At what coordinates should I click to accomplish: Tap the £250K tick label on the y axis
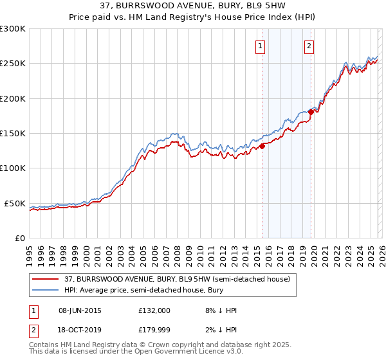pos(13,64)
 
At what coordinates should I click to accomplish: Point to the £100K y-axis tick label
pos(13,168)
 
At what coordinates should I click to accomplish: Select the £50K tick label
pos(15,203)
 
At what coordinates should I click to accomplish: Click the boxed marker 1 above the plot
pos(261,46)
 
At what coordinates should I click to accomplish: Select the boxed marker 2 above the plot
pos(309,46)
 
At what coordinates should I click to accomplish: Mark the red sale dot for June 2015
pos(262,146)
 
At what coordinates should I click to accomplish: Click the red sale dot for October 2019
pos(311,112)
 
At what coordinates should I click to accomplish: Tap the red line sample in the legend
pos(46,279)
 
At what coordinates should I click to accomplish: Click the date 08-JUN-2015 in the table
pos(80,310)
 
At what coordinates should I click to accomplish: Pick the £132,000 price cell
pos(154,310)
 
